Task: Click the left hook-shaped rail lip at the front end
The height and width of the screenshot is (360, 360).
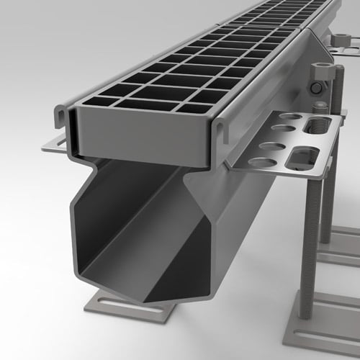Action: coord(63,116)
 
